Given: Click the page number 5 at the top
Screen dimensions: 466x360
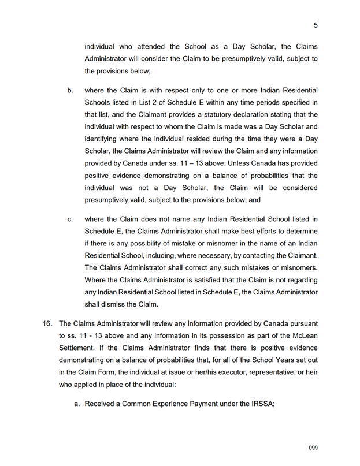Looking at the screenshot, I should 316,25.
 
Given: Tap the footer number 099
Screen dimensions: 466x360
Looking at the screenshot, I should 313,448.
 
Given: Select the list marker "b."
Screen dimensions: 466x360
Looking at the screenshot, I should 70,91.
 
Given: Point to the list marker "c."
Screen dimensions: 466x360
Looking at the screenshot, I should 70,219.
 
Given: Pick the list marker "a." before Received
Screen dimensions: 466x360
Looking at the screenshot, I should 77,404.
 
